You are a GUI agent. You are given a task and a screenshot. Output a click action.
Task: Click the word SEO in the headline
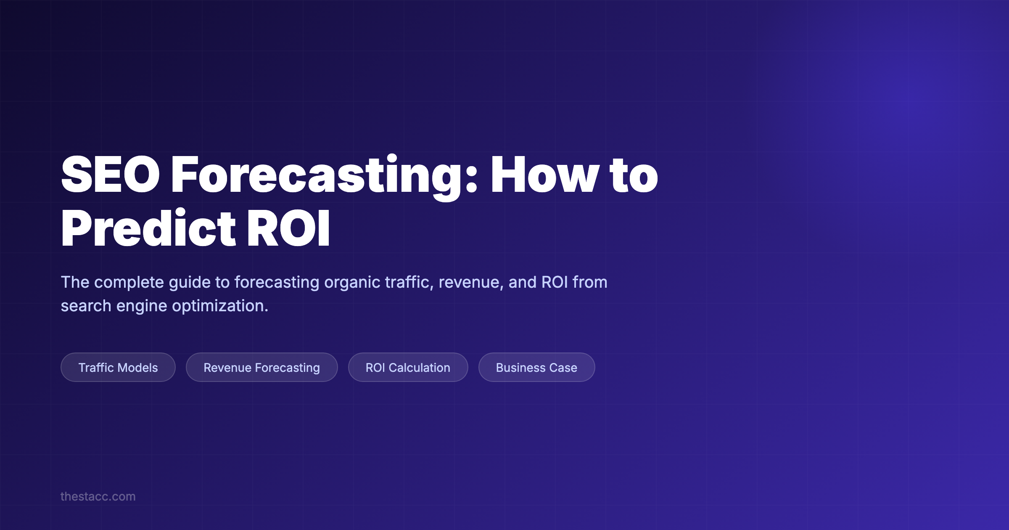[x=110, y=174]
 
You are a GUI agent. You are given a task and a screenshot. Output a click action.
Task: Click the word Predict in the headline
[x=148, y=228]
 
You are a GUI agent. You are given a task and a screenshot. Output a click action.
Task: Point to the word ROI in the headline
[x=288, y=228]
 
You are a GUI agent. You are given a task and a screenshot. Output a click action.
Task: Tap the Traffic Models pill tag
[x=118, y=367]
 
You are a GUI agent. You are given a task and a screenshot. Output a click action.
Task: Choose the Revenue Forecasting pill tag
[x=261, y=367]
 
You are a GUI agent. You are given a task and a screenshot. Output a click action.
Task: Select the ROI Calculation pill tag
[x=408, y=367]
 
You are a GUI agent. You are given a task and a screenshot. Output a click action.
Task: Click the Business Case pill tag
[x=536, y=367]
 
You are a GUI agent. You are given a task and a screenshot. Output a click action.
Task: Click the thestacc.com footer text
[x=98, y=496]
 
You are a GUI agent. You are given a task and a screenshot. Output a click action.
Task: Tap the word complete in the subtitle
[x=129, y=282]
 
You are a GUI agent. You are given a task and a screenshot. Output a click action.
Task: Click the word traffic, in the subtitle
[x=409, y=282]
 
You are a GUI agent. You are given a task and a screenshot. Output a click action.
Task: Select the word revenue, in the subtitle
[x=471, y=282]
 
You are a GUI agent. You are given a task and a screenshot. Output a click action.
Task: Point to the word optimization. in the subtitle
[x=220, y=306]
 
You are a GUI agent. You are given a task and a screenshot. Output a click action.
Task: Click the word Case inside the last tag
[x=563, y=367]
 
